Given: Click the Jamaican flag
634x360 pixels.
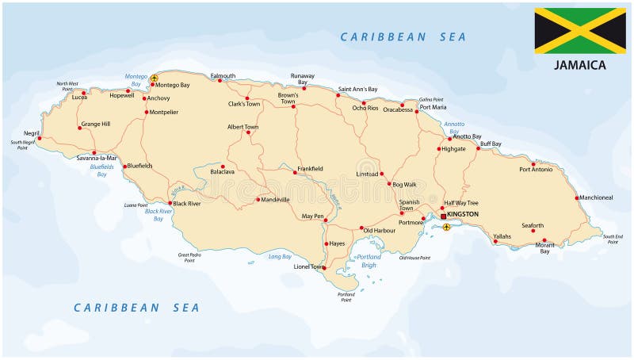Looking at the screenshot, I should (x=579, y=31).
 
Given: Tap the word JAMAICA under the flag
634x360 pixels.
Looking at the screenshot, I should (x=580, y=65).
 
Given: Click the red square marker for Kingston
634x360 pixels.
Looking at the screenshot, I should (x=443, y=216).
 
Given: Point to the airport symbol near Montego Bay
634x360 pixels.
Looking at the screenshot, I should (x=154, y=78).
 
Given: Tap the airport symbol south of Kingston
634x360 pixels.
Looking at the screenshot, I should (x=446, y=228).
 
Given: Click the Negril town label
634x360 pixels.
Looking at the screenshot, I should (x=32, y=133).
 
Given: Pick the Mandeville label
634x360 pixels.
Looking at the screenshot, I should (x=276, y=200).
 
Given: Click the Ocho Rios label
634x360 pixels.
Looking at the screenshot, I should (x=365, y=108).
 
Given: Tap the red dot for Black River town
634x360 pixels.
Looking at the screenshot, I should (x=170, y=203).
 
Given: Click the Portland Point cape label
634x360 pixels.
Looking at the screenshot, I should (x=346, y=297).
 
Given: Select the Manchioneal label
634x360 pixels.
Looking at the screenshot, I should (x=596, y=197).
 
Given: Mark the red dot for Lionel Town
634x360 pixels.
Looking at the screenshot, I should (x=323, y=268).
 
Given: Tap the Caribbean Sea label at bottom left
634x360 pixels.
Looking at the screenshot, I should (x=136, y=307).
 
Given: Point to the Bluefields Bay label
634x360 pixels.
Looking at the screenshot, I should (x=101, y=170).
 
